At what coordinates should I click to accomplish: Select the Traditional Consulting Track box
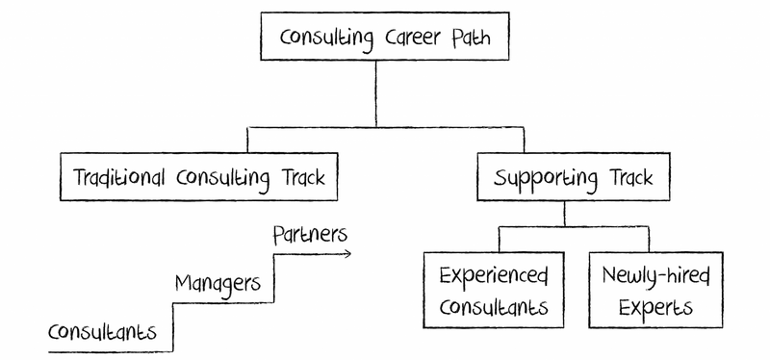click(x=199, y=177)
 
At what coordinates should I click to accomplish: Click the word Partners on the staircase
click(x=308, y=234)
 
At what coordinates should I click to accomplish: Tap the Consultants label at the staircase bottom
click(x=102, y=332)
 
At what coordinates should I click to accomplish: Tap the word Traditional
click(x=121, y=178)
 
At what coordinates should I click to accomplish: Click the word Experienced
click(x=493, y=276)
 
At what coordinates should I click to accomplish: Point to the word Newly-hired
click(x=654, y=276)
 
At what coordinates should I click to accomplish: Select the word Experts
click(x=654, y=309)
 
